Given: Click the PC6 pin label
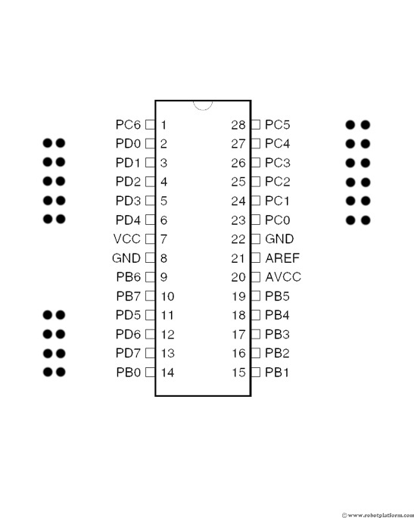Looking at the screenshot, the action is (128, 125).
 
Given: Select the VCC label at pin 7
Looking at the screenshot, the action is (127, 239).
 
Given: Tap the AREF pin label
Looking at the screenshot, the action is (282, 258).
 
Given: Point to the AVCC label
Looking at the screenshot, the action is (283, 277).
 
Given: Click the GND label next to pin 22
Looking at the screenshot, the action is (279, 239).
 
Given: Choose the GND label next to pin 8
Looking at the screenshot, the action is (126, 258).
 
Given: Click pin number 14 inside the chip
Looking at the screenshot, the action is (167, 373).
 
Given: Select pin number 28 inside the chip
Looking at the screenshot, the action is (238, 125).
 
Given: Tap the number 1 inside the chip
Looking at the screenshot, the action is (163, 125).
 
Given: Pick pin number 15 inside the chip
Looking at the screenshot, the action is (238, 373).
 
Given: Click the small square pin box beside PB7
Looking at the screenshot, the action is (150, 295).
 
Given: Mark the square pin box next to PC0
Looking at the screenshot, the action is (256, 220).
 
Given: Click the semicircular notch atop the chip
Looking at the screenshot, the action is (203, 108).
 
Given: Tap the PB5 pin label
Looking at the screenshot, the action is (277, 296).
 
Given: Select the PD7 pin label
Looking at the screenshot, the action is (128, 353).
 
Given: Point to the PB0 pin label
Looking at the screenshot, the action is (129, 373).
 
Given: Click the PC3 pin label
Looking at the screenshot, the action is (278, 163).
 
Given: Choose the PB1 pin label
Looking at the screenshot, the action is (277, 373).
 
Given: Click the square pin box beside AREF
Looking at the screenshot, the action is (256, 257).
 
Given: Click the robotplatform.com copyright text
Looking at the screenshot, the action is (378, 515).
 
